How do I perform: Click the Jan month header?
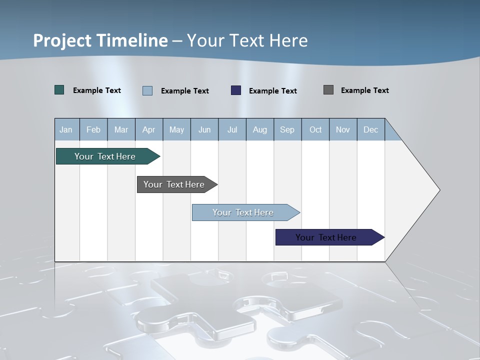tap(66, 129)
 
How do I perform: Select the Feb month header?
tap(93, 129)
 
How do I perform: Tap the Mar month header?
tap(121, 129)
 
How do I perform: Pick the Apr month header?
tap(149, 129)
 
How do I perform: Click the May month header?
tap(176, 129)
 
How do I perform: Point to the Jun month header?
tap(204, 129)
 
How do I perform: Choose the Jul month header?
tap(232, 129)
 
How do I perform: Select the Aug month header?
tap(260, 129)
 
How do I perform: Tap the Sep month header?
tap(287, 129)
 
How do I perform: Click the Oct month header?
tap(315, 129)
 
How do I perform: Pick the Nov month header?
tap(343, 129)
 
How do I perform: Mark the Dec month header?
tap(371, 129)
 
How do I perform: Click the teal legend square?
tap(59, 90)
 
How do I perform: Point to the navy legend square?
tap(236, 90)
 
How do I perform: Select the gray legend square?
tap(328, 90)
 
